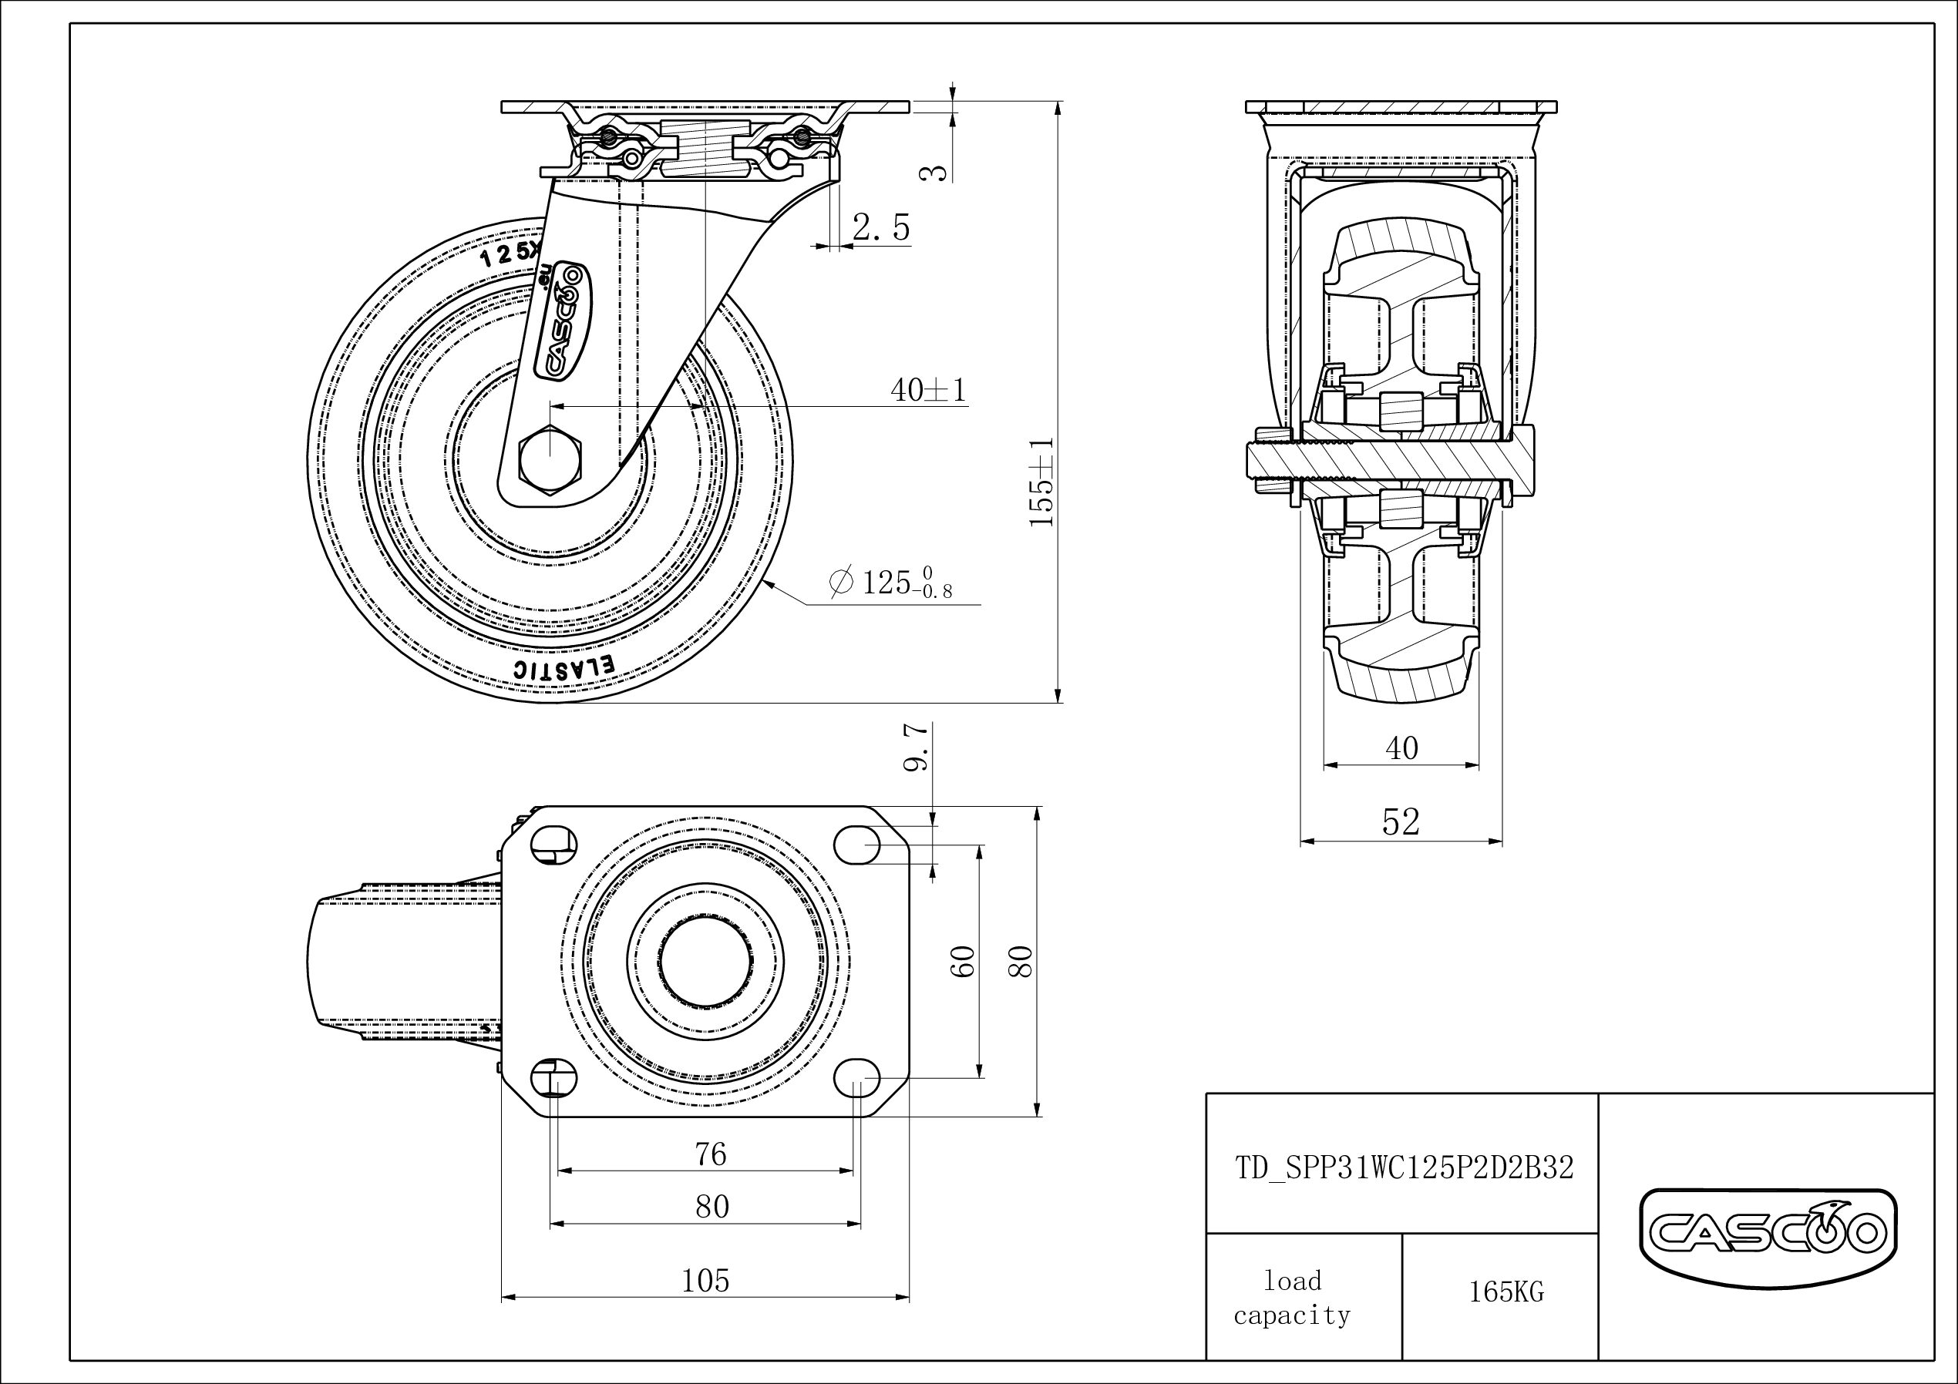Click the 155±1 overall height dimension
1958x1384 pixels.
pos(1041,482)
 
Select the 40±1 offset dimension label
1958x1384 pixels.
pos(928,391)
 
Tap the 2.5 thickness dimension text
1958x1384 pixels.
pos(881,227)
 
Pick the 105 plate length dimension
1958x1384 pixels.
pos(705,1281)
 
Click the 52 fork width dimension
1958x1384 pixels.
pos(1400,822)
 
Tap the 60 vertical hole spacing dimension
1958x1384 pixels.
pos(963,962)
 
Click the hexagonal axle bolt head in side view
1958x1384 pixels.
pos(551,459)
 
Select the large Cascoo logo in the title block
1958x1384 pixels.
pos(1768,1231)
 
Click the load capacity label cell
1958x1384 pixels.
pos(1292,1298)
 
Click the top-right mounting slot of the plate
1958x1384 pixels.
pos(856,845)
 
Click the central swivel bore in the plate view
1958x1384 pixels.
pos(705,961)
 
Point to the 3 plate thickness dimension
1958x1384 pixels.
pos(937,170)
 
